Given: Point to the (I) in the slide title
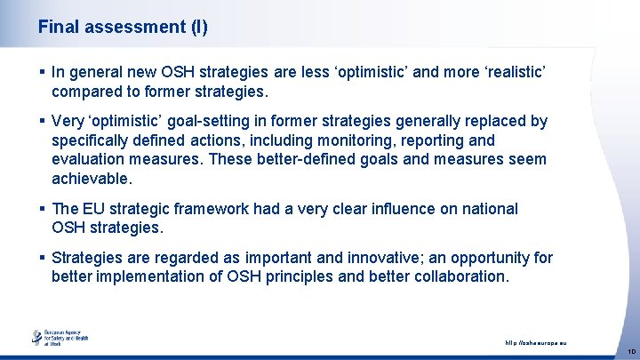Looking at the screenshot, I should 199,27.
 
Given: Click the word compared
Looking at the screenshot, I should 90,92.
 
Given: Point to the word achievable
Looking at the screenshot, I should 91,179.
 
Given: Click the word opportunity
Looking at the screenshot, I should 481,259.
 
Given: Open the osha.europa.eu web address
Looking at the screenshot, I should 535,341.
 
